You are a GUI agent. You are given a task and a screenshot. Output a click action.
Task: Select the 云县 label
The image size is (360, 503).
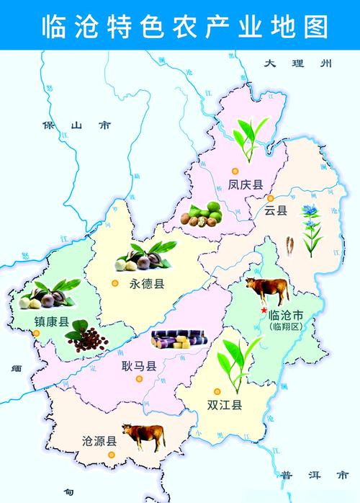[276, 210]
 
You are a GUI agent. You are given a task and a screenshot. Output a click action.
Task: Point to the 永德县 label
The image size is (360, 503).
[147, 283]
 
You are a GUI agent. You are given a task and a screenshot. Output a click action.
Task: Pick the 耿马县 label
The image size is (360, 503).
[139, 366]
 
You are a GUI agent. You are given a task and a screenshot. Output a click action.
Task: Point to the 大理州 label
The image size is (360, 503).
[296, 63]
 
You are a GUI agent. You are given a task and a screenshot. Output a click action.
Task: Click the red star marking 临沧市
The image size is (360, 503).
[264, 310]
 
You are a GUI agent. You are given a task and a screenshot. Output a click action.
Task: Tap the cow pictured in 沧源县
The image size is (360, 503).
[143, 435]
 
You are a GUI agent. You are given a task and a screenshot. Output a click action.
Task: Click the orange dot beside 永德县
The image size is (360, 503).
[114, 282]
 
